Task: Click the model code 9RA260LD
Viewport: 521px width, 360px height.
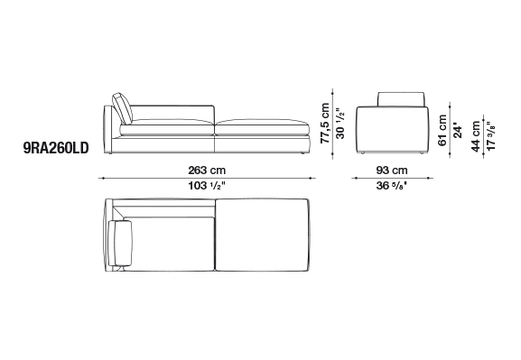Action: coord(56,148)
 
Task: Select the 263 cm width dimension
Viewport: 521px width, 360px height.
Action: coord(207,171)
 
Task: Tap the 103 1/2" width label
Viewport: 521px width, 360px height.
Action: coord(207,186)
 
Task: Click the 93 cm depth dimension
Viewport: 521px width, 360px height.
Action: coord(392,171)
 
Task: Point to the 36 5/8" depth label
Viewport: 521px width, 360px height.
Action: coord(392,186)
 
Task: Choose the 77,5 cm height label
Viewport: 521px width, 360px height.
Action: coord(325,124)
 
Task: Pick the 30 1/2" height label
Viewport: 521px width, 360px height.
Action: coord(340,124)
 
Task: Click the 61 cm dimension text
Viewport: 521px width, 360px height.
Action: coord(442,130)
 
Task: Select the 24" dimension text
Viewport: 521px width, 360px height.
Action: coord(458,131)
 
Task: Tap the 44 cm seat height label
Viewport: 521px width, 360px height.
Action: coord(476,136)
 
